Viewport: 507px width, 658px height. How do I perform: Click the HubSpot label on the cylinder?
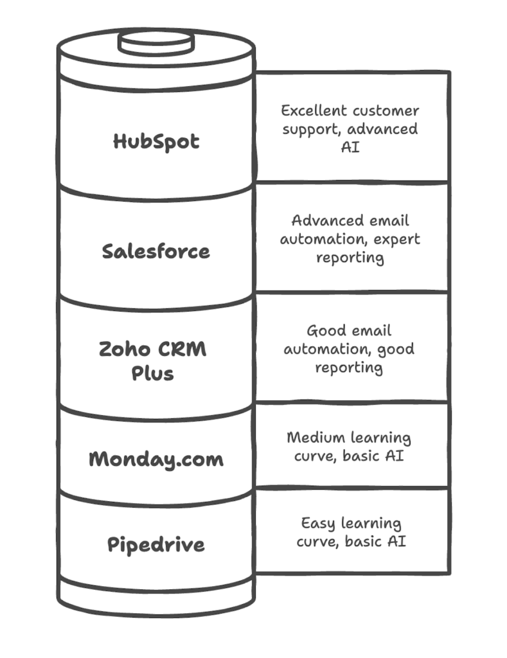[x=156, y=141]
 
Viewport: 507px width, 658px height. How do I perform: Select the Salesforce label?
[x=156, y=251]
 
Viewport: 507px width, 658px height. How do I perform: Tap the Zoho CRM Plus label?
[x=153, y=360]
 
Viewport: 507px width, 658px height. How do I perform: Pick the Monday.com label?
[x=156, y=459]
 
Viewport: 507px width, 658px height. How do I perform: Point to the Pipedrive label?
[x=156, y=545]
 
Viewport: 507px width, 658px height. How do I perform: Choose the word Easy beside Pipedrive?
[x=318, y=523]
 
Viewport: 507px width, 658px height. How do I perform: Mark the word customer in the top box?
[x=389, y=111]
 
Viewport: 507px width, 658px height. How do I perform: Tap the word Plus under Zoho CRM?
[x=153, y=373]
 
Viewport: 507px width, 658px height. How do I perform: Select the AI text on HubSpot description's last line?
[x=350, y=147]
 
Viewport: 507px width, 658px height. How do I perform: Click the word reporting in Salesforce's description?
[x=350, y=258]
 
